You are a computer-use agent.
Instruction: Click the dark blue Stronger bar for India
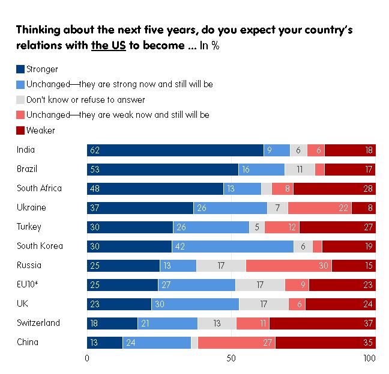click(175, 150)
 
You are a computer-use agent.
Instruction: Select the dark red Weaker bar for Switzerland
click(322, 323)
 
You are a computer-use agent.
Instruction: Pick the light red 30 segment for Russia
click(289, 266)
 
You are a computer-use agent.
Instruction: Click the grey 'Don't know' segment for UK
click(264, 304)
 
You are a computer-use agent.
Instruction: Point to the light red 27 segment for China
click(237, 343)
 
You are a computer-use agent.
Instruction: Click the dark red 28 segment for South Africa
click(334, 189)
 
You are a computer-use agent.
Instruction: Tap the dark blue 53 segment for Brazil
click(163, 170)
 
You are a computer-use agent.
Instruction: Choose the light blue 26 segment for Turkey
click(211, 227)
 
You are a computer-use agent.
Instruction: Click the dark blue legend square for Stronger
click(20, 69)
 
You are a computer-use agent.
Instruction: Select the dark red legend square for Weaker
click(20, 129)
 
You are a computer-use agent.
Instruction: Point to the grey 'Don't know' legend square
click(20, 99)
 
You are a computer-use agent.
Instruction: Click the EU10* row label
click(28, 284)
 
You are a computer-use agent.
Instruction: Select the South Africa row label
click(39, 188)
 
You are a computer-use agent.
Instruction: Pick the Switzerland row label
click(38, 323)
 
